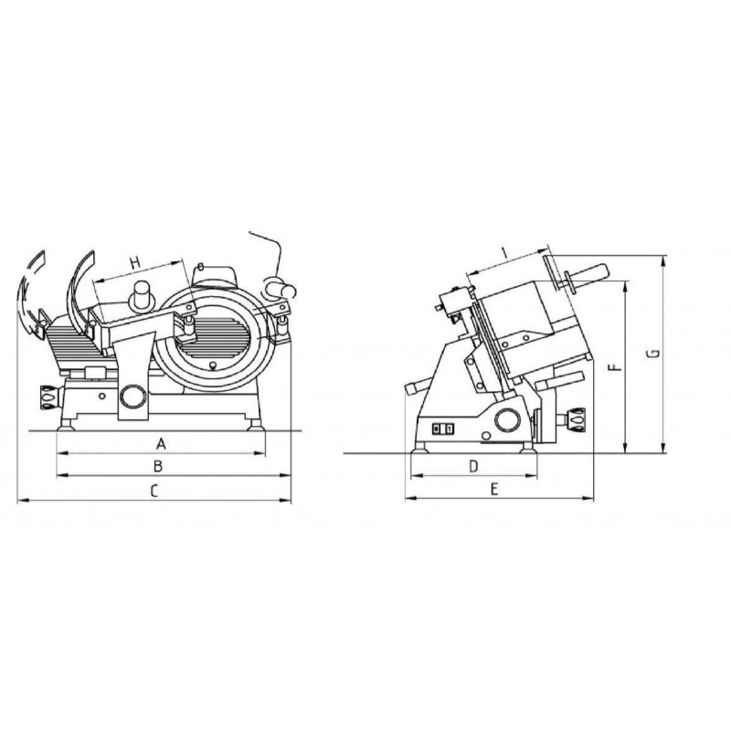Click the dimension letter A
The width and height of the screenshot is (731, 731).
(161, 443)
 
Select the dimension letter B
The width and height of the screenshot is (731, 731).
(158, 465)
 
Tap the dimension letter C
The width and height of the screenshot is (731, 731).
(154, 491)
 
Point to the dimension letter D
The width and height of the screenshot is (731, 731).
(473, 466)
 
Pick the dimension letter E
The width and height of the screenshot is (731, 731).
(494, 489)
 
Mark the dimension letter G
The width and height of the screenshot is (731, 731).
(654, 353)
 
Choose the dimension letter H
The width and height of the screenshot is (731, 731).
(134, 263)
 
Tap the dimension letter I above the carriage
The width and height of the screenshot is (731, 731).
(505, 254)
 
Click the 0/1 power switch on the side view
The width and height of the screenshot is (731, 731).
(442, 429)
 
